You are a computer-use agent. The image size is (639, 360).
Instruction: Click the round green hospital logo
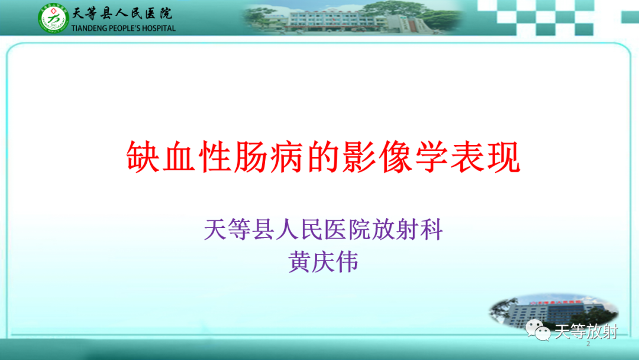click(54, 18)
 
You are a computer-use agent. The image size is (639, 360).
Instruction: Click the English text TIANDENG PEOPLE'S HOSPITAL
click(123, 28)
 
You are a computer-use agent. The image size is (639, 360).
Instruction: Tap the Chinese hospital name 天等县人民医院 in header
click(122, 14)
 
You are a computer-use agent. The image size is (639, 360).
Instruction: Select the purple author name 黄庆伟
click(324, 262)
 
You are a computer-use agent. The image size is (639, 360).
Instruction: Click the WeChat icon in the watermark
click(538, 331)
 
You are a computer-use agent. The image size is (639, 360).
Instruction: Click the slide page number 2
click(588, 345)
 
